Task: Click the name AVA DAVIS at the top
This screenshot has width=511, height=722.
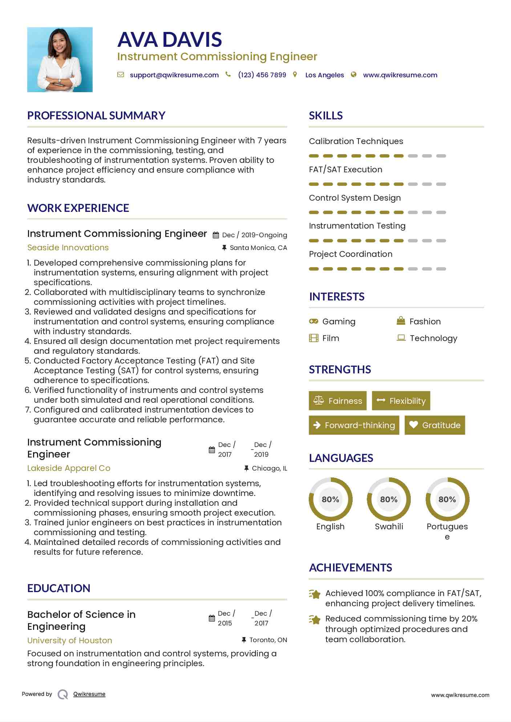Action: coord(170,40)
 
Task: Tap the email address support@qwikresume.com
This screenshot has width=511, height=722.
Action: coord(174,75)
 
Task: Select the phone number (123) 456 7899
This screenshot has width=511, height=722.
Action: coord(262,75)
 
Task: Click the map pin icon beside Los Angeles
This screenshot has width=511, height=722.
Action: coord(295,75)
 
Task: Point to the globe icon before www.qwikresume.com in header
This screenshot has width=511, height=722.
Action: coord(353,75)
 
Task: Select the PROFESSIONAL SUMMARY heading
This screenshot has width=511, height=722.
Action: coord(96,116)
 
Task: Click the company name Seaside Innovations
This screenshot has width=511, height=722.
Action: coord(68,247)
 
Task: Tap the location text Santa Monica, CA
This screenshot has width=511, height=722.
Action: coord(258,248)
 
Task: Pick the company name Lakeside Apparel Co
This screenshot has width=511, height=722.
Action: coord(69,468)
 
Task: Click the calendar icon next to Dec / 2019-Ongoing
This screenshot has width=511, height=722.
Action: coord(216,235)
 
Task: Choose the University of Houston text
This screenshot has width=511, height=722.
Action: coord(70,640)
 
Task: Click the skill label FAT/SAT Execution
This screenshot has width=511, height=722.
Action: coord(345,169)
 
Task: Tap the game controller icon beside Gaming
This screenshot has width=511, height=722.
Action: coord(313,321)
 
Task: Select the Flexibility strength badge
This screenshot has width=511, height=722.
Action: coord(401,401)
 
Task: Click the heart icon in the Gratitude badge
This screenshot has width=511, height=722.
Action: coord(413,424)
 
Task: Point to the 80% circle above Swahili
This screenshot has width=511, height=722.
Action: coord(389,499)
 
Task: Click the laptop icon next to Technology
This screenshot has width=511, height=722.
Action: coord(401,338)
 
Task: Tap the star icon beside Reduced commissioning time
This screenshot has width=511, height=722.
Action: coord(315,619)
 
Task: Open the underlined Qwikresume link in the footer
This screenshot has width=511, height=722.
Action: coord(89,694)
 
